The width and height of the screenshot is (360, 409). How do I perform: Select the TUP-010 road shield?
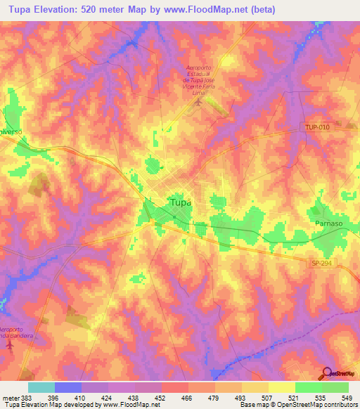pyautogui.click(x=317, y=126)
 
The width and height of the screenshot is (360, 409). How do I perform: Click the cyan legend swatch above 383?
pyautogui.click(x=41, y=387)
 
